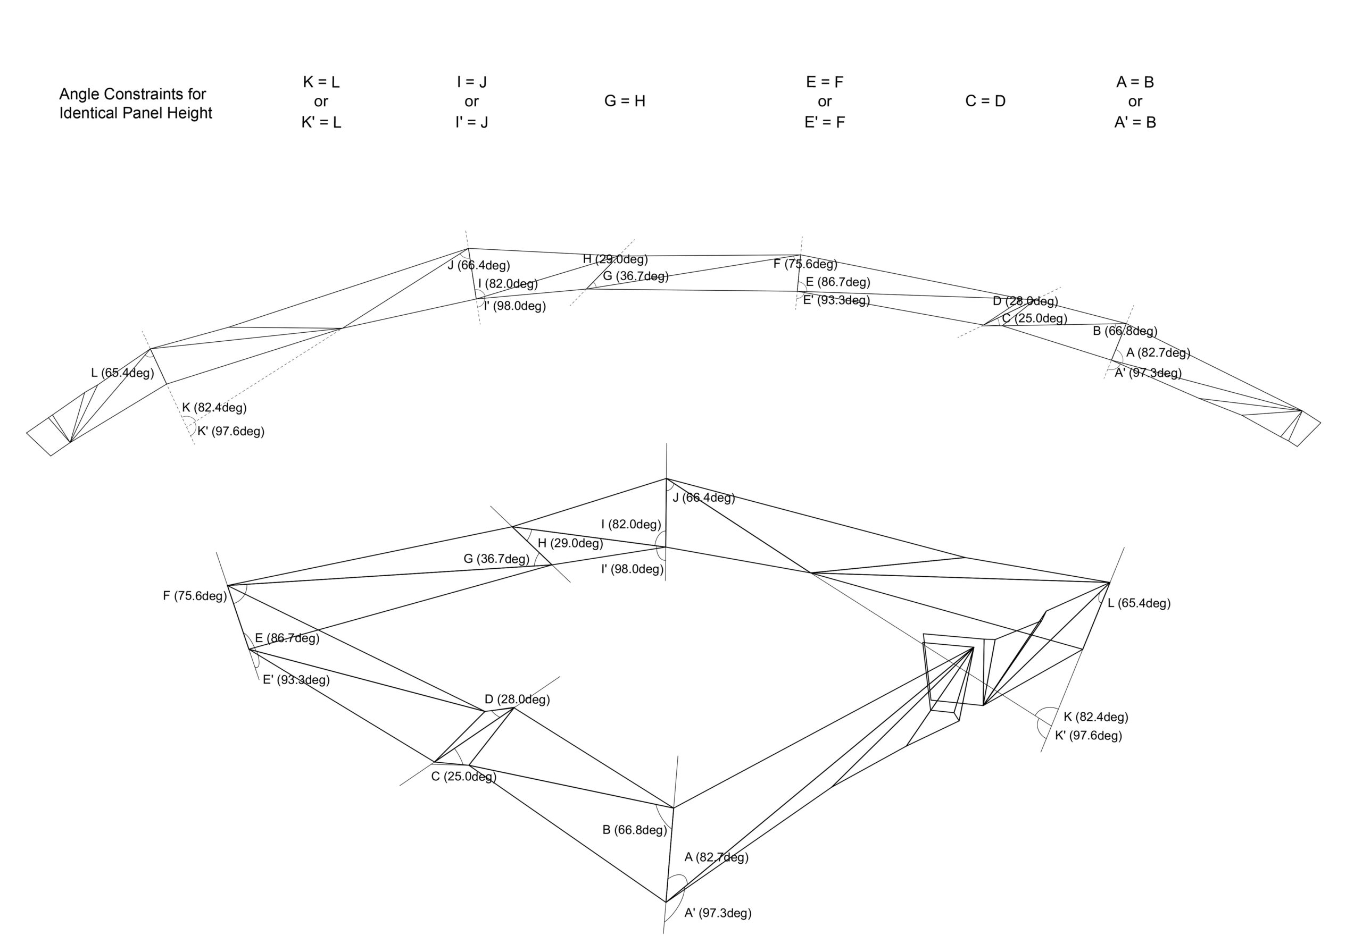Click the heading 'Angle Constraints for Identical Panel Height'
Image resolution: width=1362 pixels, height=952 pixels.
tap(135, 103)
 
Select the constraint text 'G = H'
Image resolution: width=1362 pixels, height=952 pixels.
tap(625, 102)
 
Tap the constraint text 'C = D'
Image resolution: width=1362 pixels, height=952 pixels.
tap(985, 102)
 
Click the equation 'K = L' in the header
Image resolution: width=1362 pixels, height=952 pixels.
tap(321, 82)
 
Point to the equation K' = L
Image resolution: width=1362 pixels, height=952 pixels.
tap(321, 122)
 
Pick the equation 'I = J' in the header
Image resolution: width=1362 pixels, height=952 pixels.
tap(471, 82)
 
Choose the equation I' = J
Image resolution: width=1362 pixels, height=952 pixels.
tap(471, 122)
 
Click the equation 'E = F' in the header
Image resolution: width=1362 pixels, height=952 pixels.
tap(825, 82)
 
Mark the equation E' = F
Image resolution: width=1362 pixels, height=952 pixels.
tap(825, 122)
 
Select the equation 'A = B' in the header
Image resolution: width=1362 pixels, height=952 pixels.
tap(1135, 82)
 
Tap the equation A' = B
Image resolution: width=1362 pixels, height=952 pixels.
tap(1135, 122)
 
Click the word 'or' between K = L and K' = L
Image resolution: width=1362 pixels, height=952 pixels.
tap(321, 102)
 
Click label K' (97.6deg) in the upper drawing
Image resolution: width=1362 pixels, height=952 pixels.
tap(231, 432)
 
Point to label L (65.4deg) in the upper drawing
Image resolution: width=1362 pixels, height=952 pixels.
tap(122, 373)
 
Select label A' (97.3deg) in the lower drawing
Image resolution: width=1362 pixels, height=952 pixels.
tap(718, 913)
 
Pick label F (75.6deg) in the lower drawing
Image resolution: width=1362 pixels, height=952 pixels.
tap(195, 596)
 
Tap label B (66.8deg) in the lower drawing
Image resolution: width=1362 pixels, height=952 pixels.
tap(634, 830)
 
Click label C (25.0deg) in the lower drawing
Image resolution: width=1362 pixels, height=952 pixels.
tap(463, 777)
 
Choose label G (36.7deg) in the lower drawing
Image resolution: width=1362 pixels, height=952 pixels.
tap(496, 559)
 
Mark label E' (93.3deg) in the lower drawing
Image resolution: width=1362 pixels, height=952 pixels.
tap(296, 680)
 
